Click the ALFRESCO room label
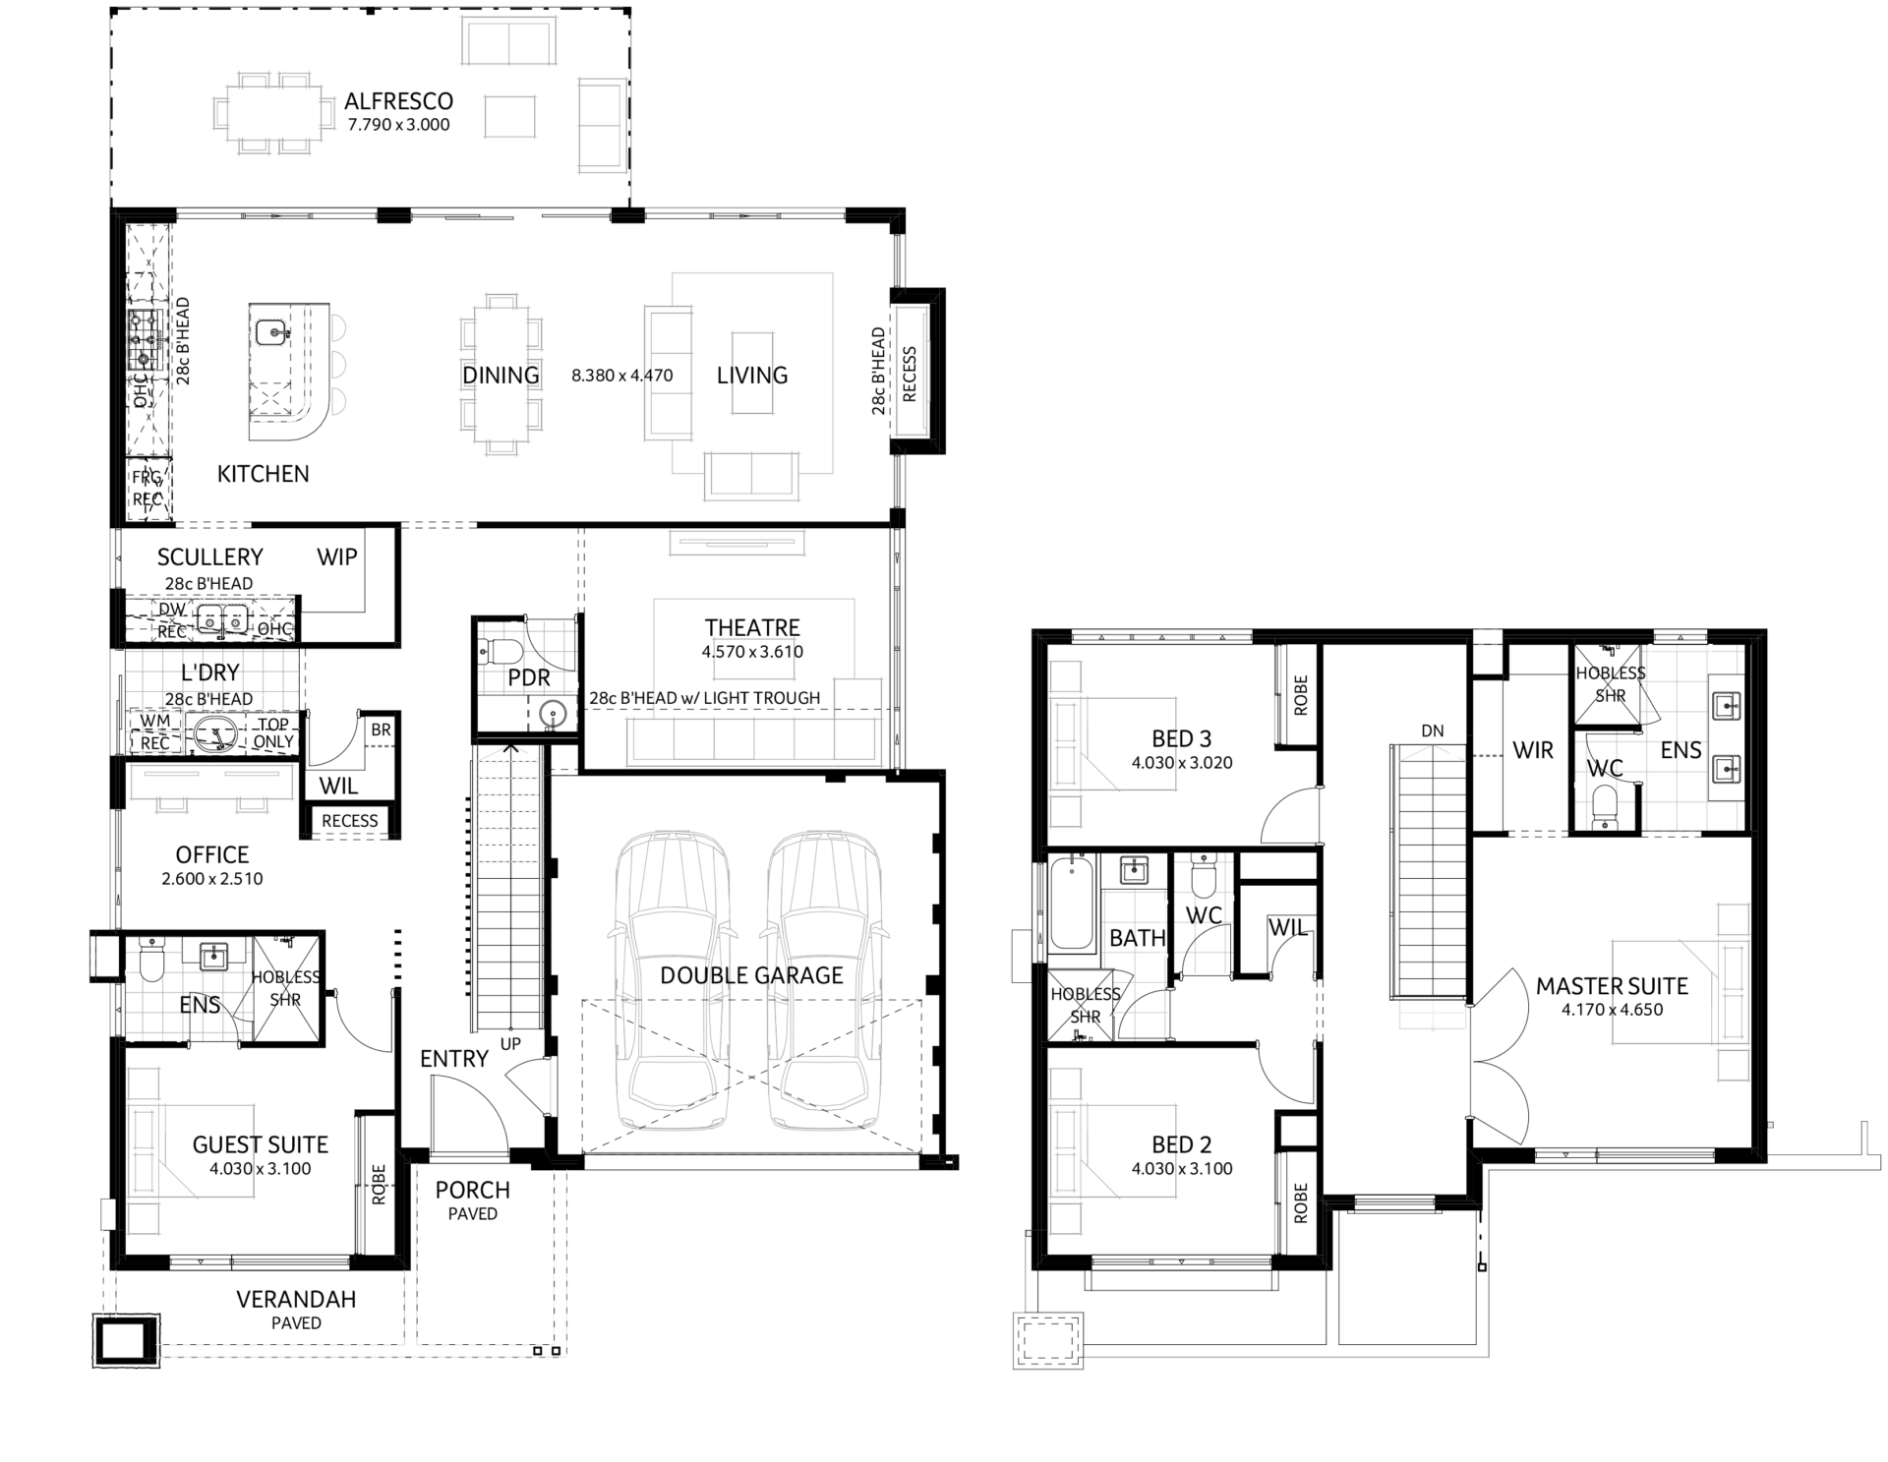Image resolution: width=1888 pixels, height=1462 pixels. tap(398, 101)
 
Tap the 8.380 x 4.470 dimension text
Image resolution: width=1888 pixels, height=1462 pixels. tap(622, 375)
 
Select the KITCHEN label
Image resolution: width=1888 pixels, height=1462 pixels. tap(263, 474)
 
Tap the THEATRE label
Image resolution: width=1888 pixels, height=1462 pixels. tap(752, 627)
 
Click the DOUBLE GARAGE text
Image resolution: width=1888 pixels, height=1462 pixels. tap(751, 975)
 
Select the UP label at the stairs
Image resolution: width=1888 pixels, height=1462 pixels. tap(510, 1044)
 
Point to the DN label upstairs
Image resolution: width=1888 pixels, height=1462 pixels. tap(1433, 731)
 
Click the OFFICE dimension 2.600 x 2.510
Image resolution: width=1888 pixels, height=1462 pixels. tap(212, 879)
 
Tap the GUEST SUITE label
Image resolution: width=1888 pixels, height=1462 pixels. tap(261, 1144)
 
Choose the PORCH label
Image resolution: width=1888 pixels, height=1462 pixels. tap(473, 1190)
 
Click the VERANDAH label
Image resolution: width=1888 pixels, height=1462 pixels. tap(296, 1299)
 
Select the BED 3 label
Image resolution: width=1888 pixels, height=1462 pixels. tap(1182, 738)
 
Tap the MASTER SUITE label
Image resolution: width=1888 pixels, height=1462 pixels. tap(1612, 986)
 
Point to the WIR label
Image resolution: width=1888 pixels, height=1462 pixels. tap(1533, 750)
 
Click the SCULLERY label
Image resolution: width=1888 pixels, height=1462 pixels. tap(210, 557)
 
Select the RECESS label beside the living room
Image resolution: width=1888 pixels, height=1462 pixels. tap(910, 374)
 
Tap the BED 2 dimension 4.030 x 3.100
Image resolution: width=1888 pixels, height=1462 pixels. tap(1182, 1169)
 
